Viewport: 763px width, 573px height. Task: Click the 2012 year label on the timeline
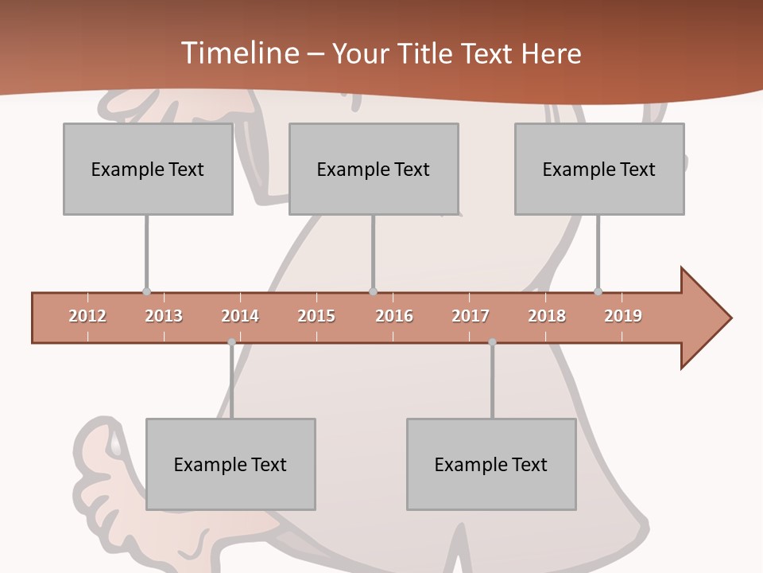[87, 316]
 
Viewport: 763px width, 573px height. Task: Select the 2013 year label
[164, 316]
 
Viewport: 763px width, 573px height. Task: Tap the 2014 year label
[240, 316]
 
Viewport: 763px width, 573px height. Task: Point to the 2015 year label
[316, 316]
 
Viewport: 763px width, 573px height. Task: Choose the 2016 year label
[394, 316]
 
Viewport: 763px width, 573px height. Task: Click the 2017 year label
[471, 316]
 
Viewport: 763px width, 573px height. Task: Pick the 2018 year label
[547, 316]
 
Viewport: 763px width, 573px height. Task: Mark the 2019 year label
[623, 316]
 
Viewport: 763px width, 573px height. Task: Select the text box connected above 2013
[148, 169]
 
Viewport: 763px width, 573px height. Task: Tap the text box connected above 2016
[374, 169]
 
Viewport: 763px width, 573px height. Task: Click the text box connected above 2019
[599, 169]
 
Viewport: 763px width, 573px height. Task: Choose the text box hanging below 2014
[230, 464]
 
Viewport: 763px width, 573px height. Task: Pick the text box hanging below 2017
[491, 464]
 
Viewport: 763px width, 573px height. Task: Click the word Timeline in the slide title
[239, 53]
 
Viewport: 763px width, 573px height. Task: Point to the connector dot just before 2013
[146, 292]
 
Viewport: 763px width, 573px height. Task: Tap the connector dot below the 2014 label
[231, 342]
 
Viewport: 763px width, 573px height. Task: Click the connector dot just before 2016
[373, 292]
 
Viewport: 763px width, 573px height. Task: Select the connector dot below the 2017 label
[492, 342]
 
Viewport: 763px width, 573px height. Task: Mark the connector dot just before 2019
[598, 292]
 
